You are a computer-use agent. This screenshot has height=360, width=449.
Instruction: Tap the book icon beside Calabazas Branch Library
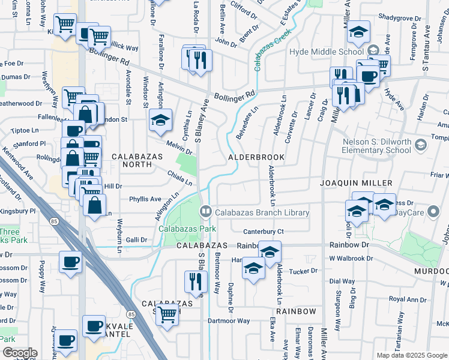(x=206, y=212)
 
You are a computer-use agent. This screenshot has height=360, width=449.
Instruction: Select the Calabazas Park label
(x=182, y=229)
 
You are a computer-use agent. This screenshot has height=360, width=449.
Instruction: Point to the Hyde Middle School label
(x=327, y=52)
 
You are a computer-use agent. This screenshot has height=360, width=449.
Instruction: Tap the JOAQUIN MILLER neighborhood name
(x=356, y=182)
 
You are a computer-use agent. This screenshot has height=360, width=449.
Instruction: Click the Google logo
(x=19, y=353)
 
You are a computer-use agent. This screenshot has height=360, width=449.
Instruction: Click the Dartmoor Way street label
(x=229, y=321)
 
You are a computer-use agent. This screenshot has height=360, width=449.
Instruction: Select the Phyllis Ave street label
(x=145, y=199)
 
